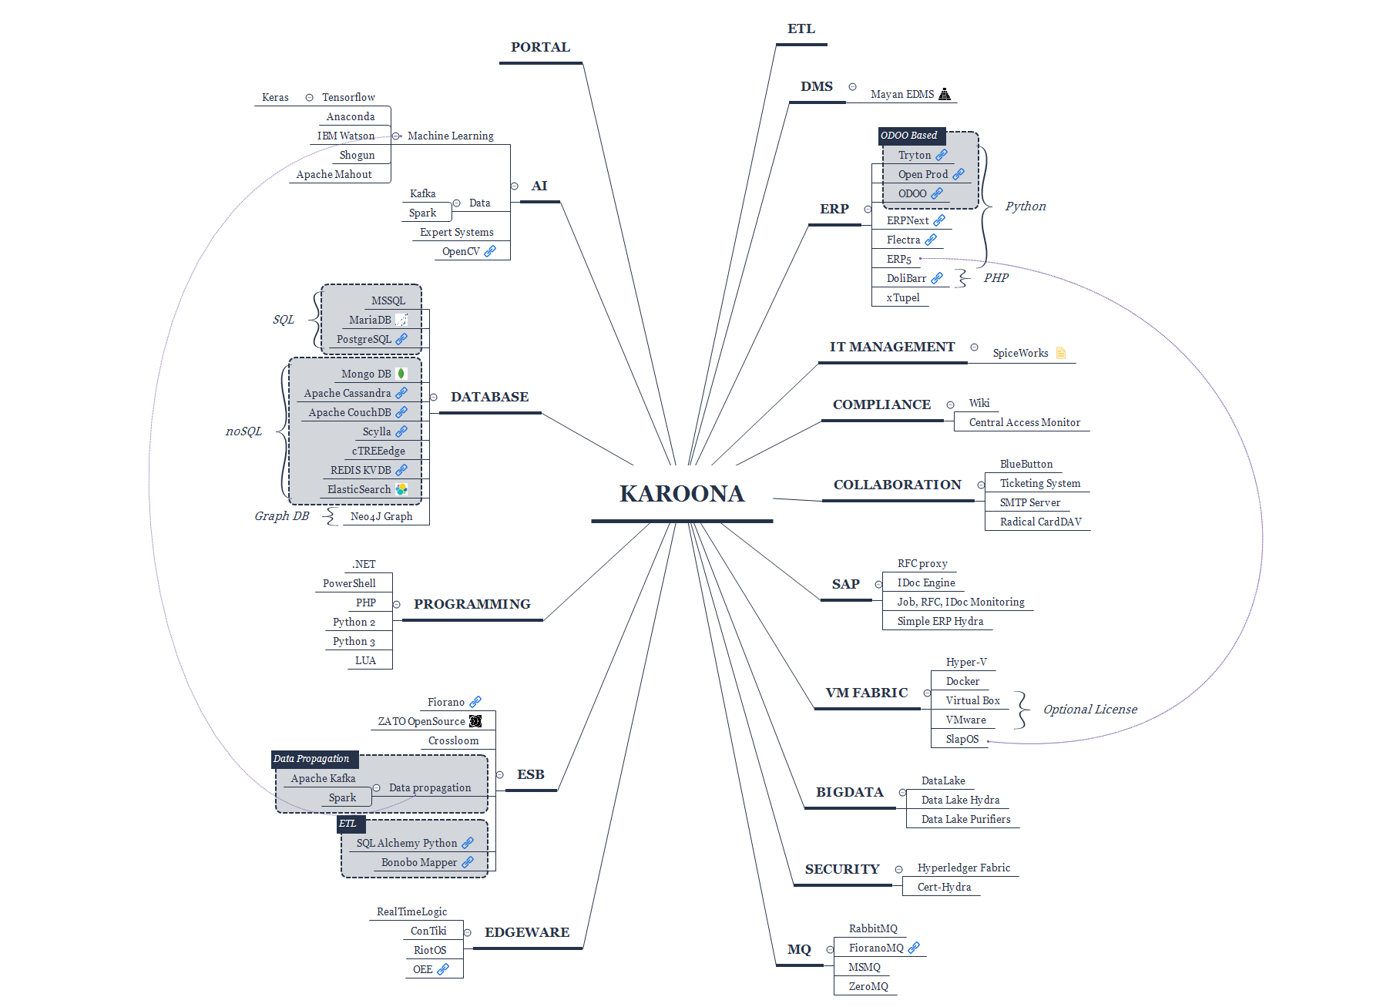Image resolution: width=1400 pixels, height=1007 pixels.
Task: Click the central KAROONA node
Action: [x=682, y=494]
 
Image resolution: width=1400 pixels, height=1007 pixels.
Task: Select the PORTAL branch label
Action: [x=540, y=48]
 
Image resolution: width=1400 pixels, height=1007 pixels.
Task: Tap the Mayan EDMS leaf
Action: [x=902, y=95]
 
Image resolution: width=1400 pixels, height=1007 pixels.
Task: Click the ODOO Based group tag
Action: [x=909, y=136]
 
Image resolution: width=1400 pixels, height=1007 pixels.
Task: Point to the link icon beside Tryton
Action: [x=942, y=155]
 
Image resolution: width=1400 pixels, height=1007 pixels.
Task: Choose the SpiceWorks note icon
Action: [x=1061, y=353]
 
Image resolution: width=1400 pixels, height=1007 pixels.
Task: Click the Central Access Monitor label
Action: [x=1024, y=423]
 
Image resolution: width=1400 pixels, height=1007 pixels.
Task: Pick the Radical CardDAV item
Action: [x=1040, y=522]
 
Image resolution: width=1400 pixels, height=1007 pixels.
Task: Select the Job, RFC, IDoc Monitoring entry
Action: [x=960, y=603]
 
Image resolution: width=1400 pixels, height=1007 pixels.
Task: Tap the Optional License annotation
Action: [x=1089, y=710]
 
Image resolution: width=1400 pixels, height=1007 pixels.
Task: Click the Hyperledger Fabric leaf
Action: [x=963, y=868]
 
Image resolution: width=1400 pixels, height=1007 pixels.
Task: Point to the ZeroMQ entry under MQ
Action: [x=868, y=987]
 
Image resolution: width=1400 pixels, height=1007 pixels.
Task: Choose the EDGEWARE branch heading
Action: [x=527, y=933]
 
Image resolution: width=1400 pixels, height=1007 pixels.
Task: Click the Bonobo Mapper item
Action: [x=419, y=863]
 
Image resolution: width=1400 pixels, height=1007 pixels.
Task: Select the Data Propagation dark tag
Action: [x=311, y=759]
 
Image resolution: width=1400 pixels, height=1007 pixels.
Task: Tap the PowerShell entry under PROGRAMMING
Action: [x=349, y=584]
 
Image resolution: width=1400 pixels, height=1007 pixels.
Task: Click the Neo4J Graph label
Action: [x=381, y=517]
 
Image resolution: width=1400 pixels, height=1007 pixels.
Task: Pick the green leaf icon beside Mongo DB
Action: [x=401, y=374]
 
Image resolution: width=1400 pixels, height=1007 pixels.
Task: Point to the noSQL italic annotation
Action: [x=243, y=431]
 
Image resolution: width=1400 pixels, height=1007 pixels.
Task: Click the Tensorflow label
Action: [x=348, y=98]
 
